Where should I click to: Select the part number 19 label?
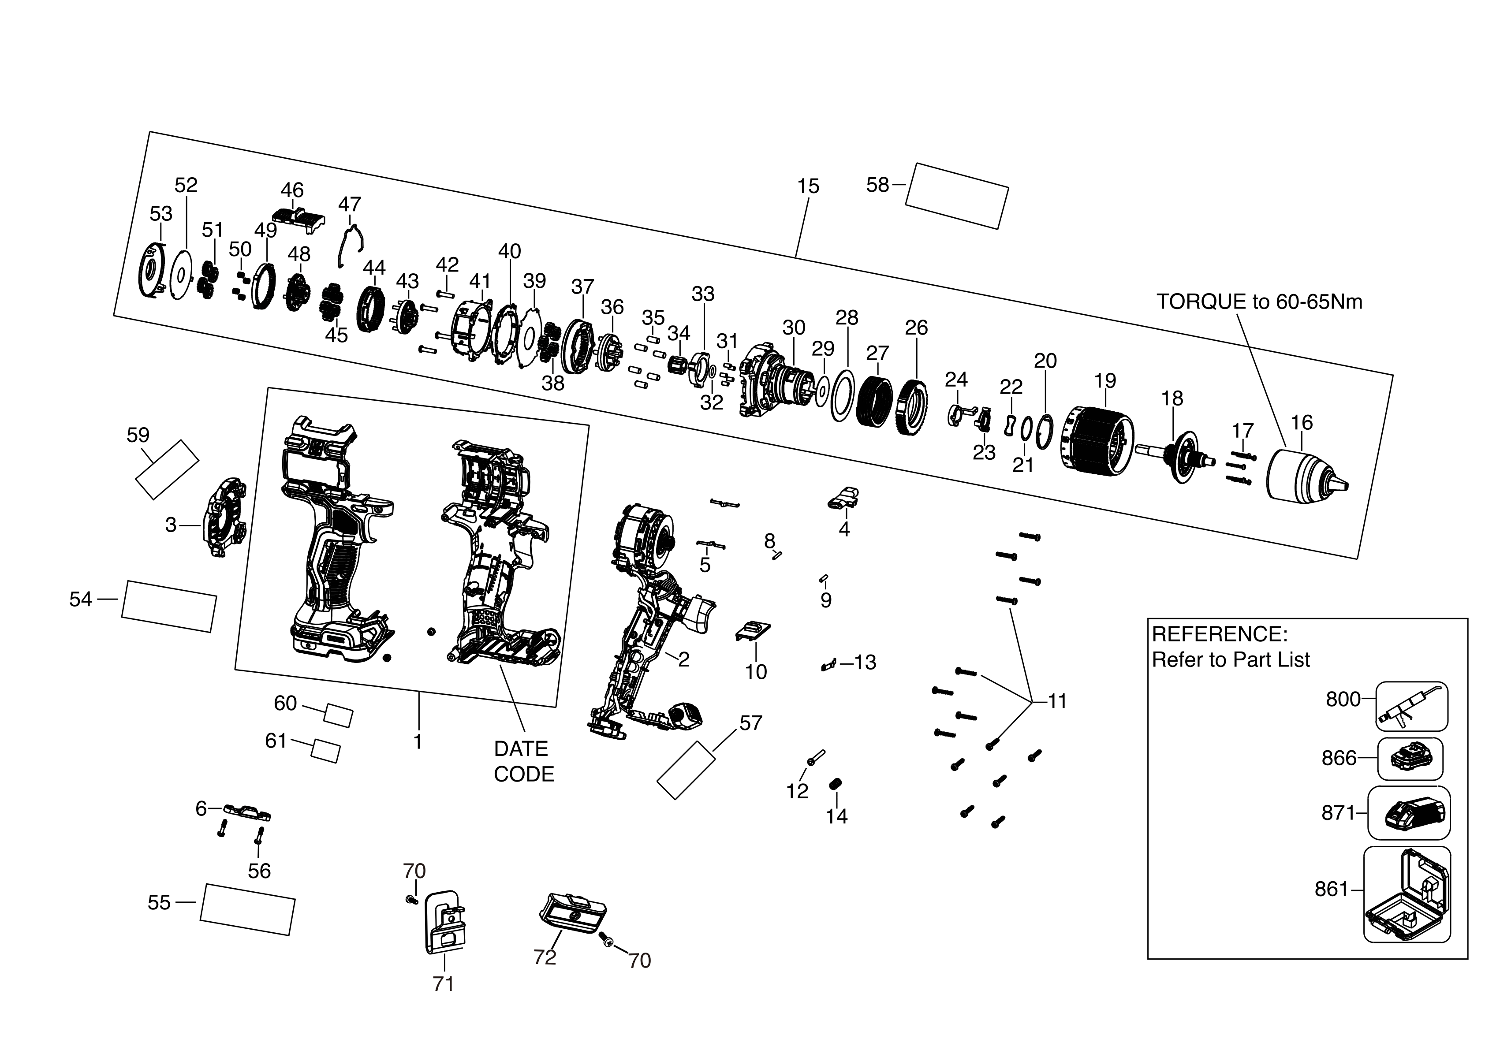coord(1104,381)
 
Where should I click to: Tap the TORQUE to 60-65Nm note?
coord(1259,302)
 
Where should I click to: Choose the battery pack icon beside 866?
coord(1410,758)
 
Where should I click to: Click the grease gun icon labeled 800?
coord(1410,705)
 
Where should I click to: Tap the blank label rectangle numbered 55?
coord(247,909)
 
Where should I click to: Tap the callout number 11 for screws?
coord(1057,701)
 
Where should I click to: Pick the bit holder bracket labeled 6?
coord(247,812)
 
